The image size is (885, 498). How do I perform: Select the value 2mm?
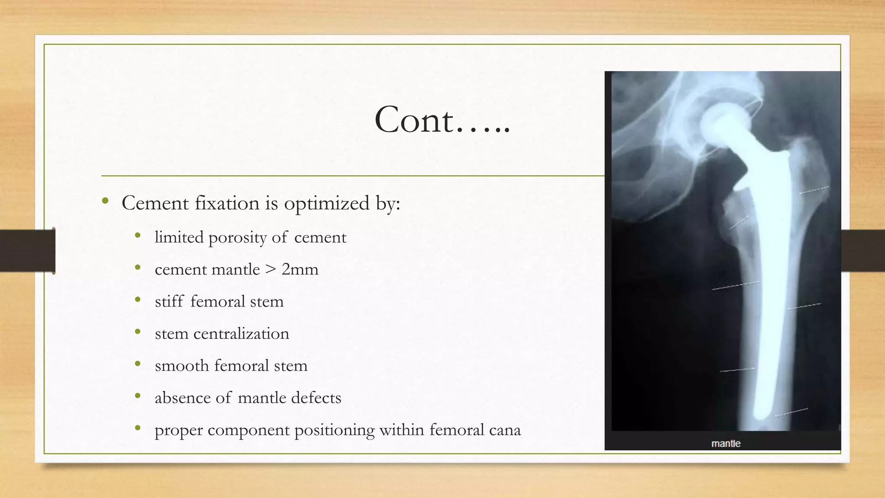coord(300,270)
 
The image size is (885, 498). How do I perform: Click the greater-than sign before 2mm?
coord(271,270)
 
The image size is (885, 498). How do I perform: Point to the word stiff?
coord(169,301)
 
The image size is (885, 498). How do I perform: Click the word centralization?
coord(241,334)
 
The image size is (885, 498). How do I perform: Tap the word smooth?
coord(181,366)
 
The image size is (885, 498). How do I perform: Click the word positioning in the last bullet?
coord(334,430)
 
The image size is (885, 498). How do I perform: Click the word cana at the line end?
coord(505,430)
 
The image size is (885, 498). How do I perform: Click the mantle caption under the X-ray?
coord(726,444)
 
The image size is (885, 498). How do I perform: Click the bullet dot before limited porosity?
coord(138,236)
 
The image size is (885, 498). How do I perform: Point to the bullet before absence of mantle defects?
coord(138,396)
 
